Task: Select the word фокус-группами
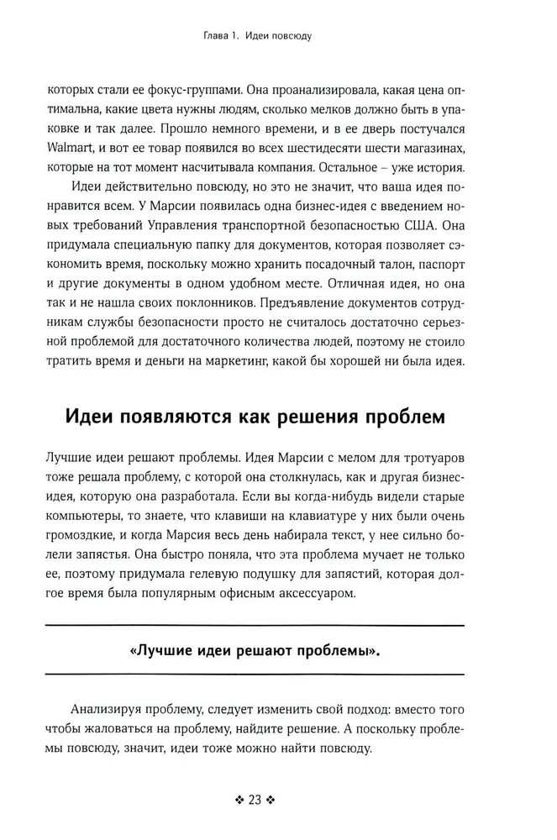[x=174, y=87]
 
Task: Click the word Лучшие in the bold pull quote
[x=164, y=652]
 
